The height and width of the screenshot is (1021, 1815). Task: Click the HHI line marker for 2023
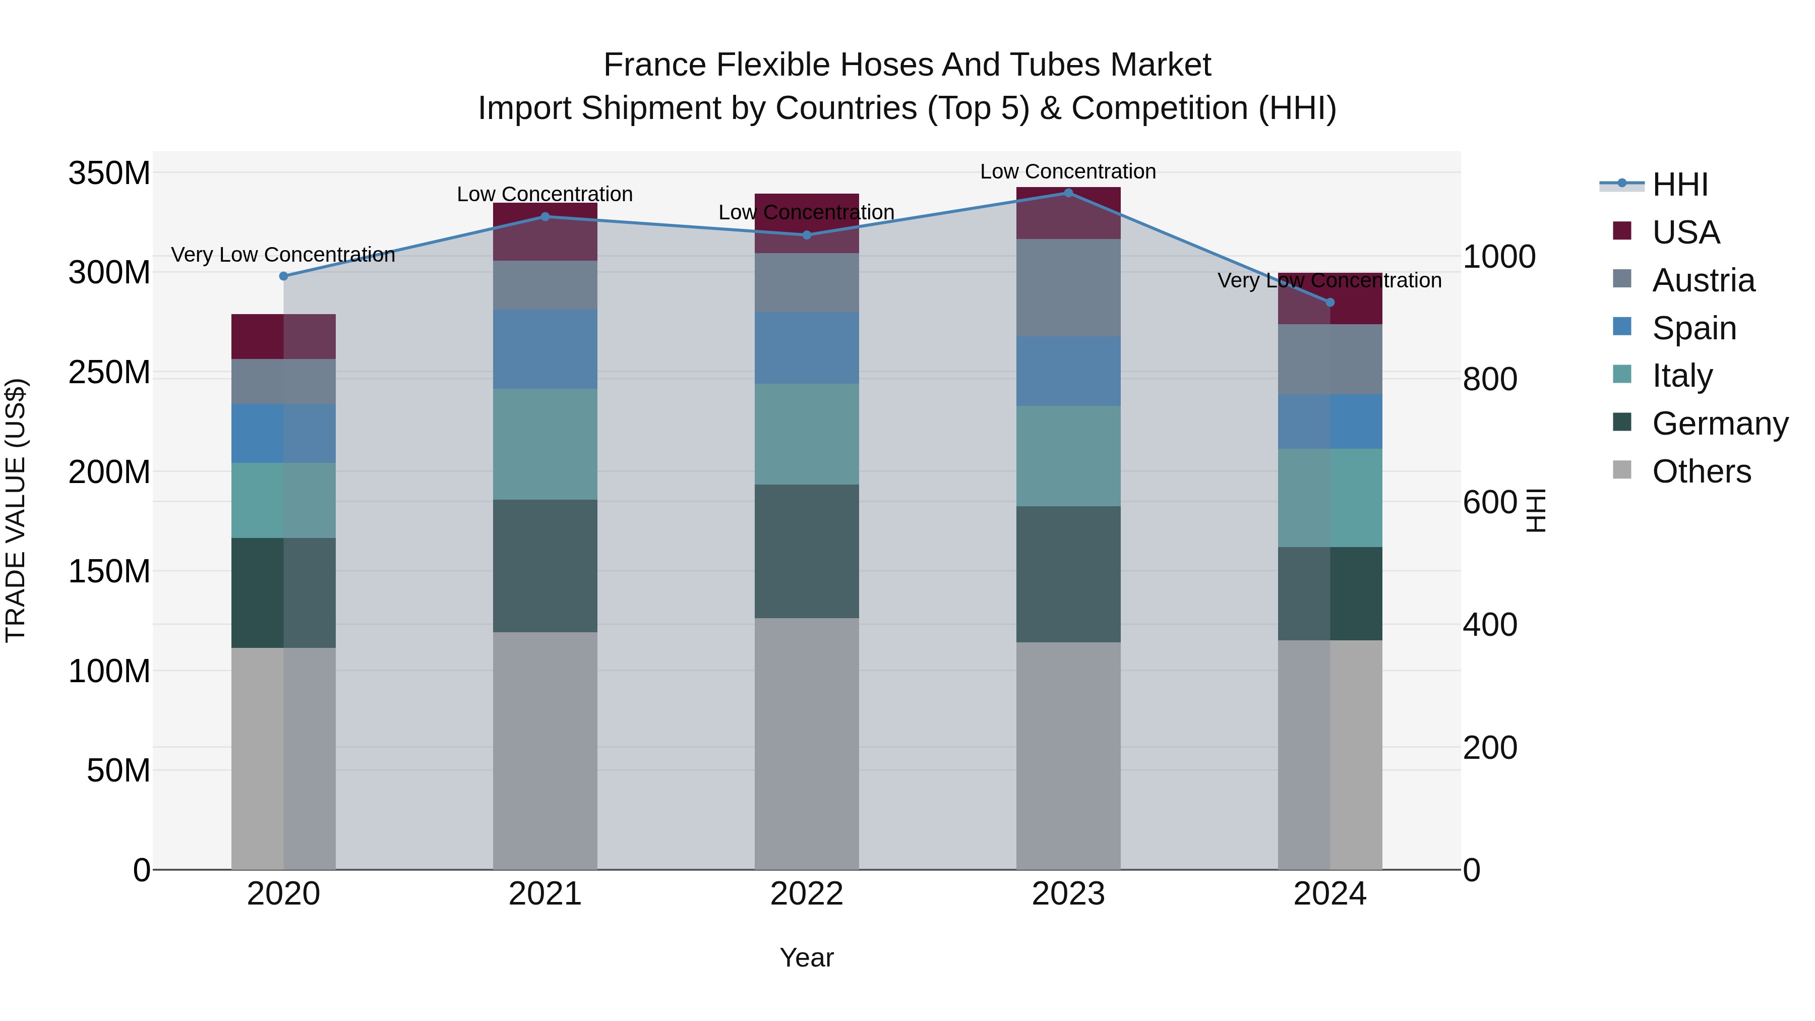point(1068,193)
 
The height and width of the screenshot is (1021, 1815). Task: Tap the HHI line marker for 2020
point(284,276)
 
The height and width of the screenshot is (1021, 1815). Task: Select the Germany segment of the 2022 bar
point(807,551)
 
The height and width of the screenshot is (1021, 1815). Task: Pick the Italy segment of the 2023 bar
point(1068,456)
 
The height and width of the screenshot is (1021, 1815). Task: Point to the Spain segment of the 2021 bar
point(544,349)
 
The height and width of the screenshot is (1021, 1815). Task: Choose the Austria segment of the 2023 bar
point(1068,287)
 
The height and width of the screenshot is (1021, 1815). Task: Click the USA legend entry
point(1685,232)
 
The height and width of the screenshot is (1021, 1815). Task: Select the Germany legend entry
point(1719,424)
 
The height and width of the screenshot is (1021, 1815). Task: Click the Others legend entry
point(1701,471)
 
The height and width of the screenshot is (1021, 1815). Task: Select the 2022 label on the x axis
point(807,894)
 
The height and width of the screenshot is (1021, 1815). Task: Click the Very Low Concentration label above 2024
point(1329,280)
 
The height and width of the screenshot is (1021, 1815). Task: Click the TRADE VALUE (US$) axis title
point(16,510)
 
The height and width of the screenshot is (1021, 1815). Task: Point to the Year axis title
point(807,957)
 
